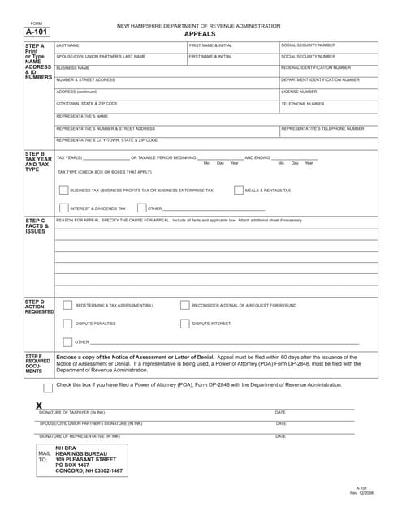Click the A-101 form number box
(x=36, y=33)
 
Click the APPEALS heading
(x=200, y=35)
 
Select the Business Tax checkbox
(x=64, y=191)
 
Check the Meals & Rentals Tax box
(x=239, y=191)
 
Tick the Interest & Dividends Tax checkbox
(x=64, y=208)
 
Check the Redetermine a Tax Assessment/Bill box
(x=68, y=306)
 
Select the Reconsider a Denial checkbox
(x=184, y=306)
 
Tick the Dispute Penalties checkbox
(x=68, y=324)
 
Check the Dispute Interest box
(x=184, y=324)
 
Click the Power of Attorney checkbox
(x=48, y=387)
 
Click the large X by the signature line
(x=39, y=405)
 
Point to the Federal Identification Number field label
(x=316, y=68)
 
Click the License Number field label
(x=299, y=92)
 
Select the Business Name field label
(x=72, y=68)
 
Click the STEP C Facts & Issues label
(x=36, y=225)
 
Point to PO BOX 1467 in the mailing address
(x=71, y=465)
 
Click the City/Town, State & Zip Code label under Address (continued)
(x=86, y=104)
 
